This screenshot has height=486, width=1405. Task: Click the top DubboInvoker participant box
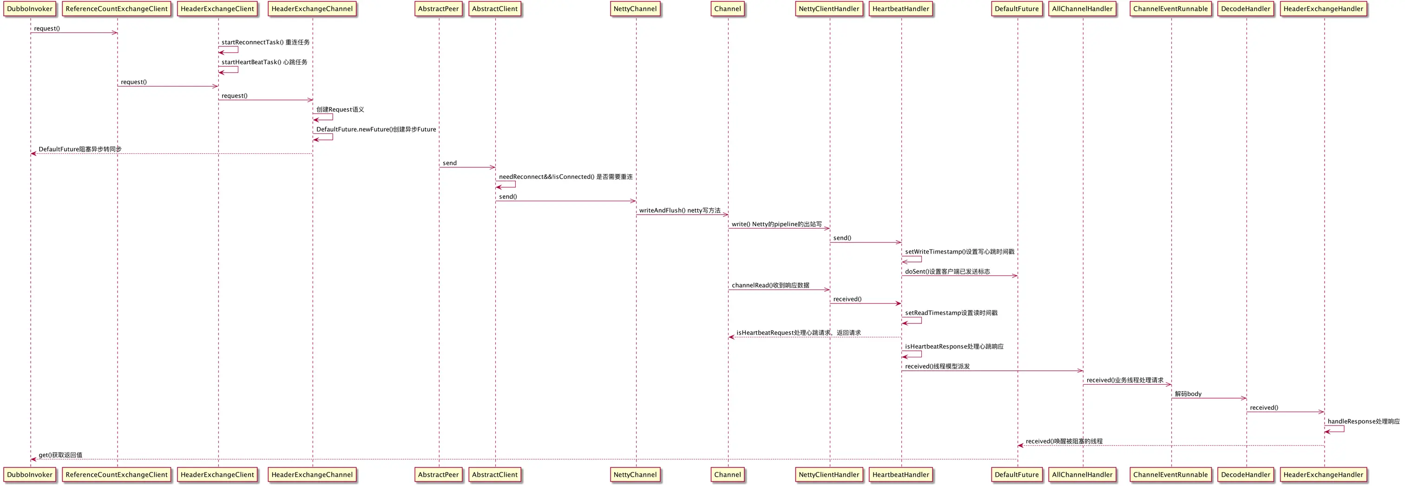point(30,9)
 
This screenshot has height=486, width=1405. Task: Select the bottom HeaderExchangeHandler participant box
point(1323,474)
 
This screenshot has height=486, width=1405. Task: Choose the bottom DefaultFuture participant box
point(1017,474)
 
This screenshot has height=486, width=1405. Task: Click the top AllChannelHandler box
point(1082,9)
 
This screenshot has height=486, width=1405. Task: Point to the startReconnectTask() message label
point(265,42)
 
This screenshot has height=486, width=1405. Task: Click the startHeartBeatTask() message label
point(264,62)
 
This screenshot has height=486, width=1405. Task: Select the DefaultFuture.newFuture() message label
point(376,129)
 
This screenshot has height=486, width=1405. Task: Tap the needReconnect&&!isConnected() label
point(565,177)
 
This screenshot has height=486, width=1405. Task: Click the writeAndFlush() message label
point(680,210)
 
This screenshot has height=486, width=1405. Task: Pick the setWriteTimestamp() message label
point(959,252)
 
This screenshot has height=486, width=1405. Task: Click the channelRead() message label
point(770,285)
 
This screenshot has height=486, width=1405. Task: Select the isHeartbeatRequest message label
point(799,333)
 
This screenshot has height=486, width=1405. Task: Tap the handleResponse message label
point(1363,421)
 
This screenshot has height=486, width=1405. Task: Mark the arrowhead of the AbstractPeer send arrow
point(492,167)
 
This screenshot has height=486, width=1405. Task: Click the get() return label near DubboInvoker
point(60,455)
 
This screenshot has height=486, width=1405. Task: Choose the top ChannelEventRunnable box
point(1170,9)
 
